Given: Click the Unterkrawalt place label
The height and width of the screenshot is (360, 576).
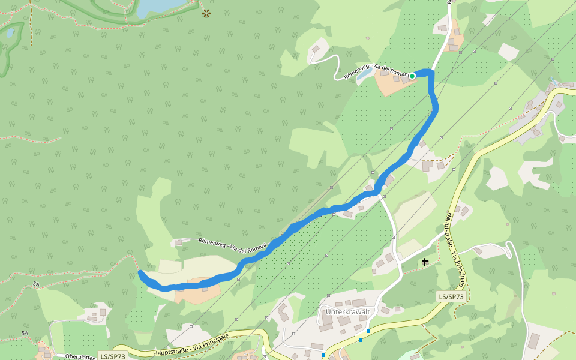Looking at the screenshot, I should (347, 312).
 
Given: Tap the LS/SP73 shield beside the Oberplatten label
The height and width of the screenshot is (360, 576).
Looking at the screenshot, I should (112, 356).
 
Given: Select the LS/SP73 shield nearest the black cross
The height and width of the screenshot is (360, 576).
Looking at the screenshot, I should (451, 296).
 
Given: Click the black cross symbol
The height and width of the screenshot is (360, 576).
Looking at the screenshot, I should (425, 262).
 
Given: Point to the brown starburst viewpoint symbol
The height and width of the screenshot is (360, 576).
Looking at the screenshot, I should (206, 13).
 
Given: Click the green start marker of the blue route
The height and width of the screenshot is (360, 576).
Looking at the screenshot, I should (412, 76).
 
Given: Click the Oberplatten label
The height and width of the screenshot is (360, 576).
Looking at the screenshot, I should (80, 356).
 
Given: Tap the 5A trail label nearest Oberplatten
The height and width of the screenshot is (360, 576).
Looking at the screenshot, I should (25, 333).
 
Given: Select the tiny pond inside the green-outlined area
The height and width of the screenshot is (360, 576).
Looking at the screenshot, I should (10, 32).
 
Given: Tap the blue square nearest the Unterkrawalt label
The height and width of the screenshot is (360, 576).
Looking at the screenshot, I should (368, 331).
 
